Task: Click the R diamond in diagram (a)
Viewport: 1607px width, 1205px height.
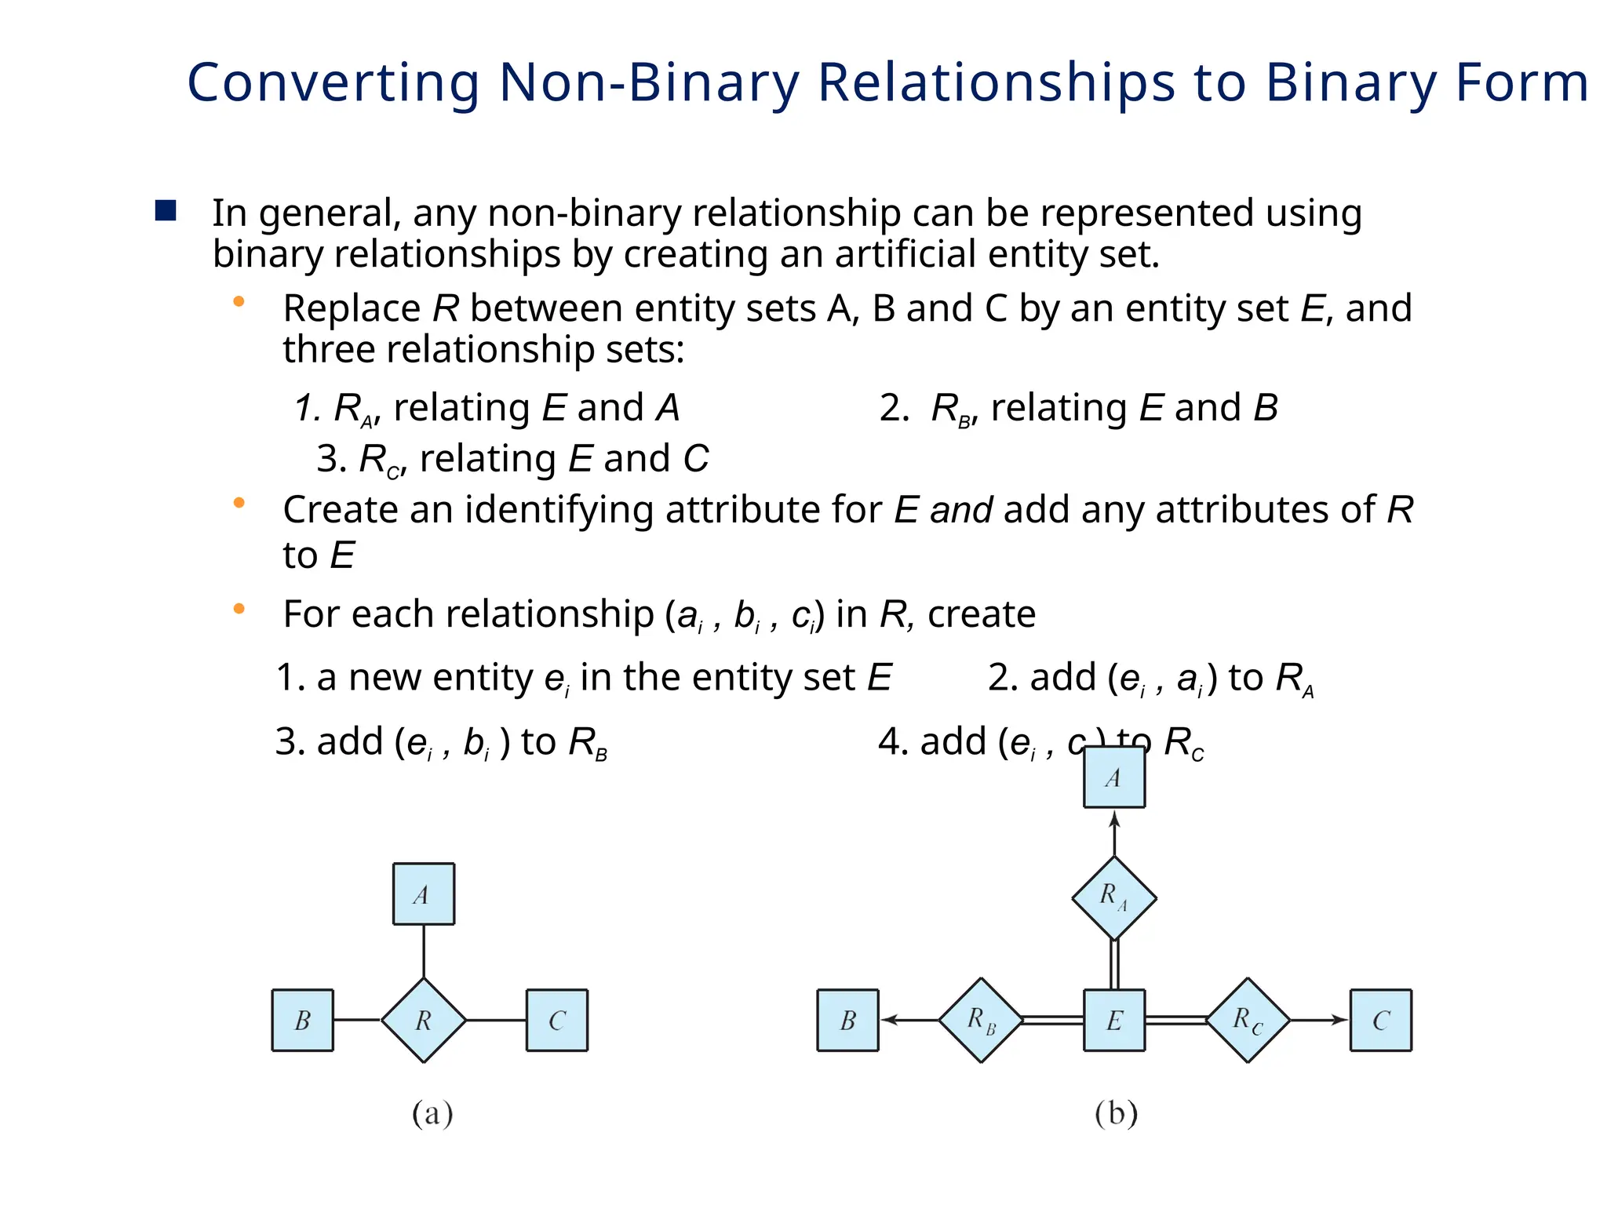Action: (x=424, y=1020)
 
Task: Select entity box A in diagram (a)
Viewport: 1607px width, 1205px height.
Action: (x=424, y=894)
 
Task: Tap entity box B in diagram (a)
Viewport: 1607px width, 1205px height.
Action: (x=303, y=1020)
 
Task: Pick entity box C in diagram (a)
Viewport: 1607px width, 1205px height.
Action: (x=557, y=1020)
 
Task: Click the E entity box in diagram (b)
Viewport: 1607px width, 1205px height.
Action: (x=1114, y=1020)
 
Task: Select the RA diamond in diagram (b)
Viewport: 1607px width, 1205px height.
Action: (x=1114, y=897)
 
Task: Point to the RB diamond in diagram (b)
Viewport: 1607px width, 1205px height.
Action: (x=981, y=1020)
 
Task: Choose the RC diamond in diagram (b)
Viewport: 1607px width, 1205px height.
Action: (x=1248, y=1020)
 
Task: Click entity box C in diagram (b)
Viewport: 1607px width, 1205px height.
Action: (x=1381, y=1020)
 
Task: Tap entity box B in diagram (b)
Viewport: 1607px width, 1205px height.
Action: (x=848, y=1020)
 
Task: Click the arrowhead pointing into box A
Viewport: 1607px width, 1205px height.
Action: (x=1114, y=819)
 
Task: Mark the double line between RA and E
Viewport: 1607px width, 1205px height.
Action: (x=1114, y=965)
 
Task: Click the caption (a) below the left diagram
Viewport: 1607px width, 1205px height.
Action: (x=432, y=1114)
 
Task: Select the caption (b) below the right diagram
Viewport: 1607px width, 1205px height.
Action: (x=1116, y=1114)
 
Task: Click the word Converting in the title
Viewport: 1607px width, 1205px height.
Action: (x=333, y=83)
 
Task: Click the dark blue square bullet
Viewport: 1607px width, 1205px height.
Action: (x=166, y=210)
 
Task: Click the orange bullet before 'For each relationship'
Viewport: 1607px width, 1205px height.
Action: (x=239, y=608)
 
